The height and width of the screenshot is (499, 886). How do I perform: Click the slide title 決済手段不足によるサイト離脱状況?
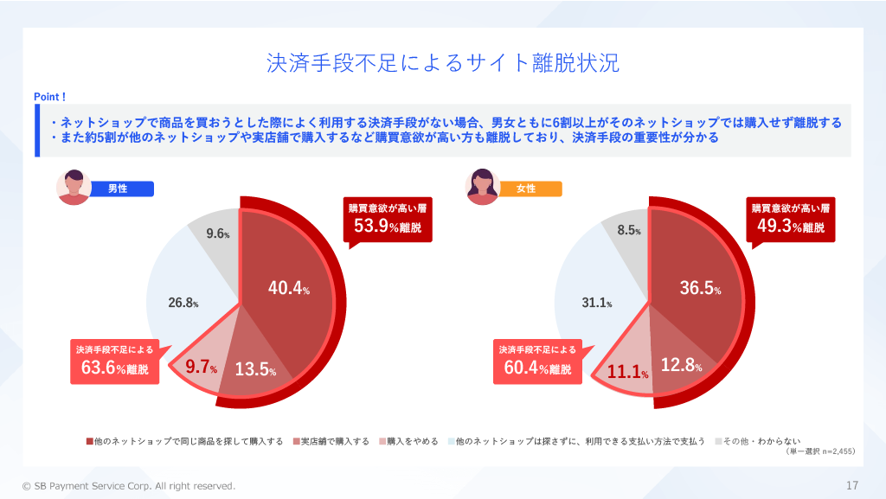tap(442, 64)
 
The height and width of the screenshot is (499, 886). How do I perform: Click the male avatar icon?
tap(74, 187)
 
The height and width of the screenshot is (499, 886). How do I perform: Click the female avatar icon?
tap(482, 187)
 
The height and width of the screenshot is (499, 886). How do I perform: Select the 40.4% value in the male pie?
tap(289, 289)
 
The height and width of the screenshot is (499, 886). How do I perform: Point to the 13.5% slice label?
tap(255, 369)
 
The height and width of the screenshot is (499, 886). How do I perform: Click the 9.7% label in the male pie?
tap(202, 368)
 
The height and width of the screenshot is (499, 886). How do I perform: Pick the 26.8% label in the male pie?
tap(183, 303)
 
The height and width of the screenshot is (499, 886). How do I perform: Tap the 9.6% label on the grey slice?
tap(218, 234)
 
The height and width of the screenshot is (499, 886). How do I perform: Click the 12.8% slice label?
tap(680, 365)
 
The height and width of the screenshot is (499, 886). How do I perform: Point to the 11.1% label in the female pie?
tap(629, 373)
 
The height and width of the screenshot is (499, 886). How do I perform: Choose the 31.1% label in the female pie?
tap(596, 303)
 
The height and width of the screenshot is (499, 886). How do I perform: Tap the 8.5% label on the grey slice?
tap(629, 230)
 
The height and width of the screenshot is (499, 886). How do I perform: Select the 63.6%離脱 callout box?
tap(114, 361)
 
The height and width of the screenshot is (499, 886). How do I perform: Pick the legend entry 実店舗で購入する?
tap(334, 441)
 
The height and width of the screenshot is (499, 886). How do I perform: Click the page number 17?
tap(851, 485)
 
